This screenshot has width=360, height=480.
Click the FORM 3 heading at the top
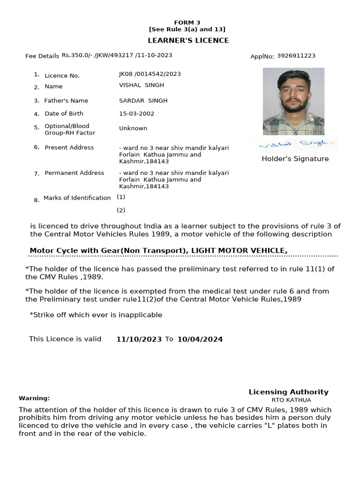point(187,22)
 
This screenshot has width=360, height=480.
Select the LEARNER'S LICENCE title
point(188,40)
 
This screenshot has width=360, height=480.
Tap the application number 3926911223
point(296,56)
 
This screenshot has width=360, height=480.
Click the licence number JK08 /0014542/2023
point(150,74)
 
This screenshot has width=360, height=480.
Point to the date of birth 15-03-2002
point(136,113)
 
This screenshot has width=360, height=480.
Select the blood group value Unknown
point(133,128)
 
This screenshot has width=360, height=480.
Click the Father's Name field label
point(66,101)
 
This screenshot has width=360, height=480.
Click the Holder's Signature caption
point(295,159)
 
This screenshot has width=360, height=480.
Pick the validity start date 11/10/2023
point(139,339)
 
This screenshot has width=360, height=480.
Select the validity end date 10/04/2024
point(200,339)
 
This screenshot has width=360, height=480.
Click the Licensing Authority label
point(288,392)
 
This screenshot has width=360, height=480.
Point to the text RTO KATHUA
point(291,400)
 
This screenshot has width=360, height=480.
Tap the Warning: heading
point(34,398)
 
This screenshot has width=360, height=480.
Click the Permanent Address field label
point(74,173)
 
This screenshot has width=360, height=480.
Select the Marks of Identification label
point(77,198)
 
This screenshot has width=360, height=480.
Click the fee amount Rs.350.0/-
point(77,55)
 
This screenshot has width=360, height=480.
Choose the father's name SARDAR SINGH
point(143,101)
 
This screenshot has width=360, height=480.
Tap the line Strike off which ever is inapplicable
point(96,315)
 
